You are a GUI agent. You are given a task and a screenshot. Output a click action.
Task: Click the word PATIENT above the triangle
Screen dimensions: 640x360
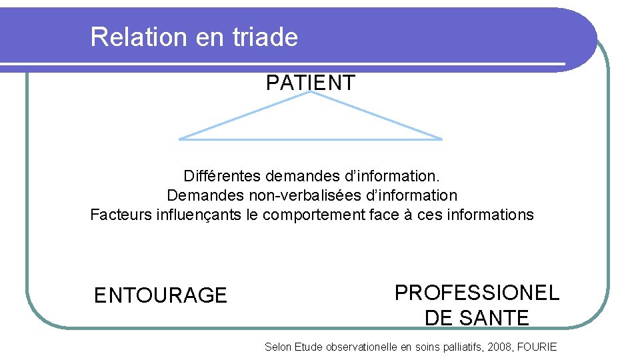click(x=311, y=83)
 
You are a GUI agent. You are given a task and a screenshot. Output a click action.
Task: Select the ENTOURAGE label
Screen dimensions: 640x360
click(x=161, y=295)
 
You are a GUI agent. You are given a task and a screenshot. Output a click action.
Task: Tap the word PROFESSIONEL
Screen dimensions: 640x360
click(x=477, y=292)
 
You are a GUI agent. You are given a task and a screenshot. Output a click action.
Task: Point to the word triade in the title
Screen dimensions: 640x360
click(x=265, y=37)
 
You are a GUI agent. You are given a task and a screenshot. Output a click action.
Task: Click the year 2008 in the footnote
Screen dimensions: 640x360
click(x=501, y=347)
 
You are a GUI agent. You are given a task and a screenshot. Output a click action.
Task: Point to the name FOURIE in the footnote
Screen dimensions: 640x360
click(x=537, y=347)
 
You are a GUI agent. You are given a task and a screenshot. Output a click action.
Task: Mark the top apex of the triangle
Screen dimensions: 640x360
click(x=311, y=92)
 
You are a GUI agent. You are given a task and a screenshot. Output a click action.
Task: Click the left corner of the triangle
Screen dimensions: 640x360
click(x=180, y=139)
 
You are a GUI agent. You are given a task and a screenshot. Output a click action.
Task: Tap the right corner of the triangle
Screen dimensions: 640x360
click(x=441, y=139)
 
